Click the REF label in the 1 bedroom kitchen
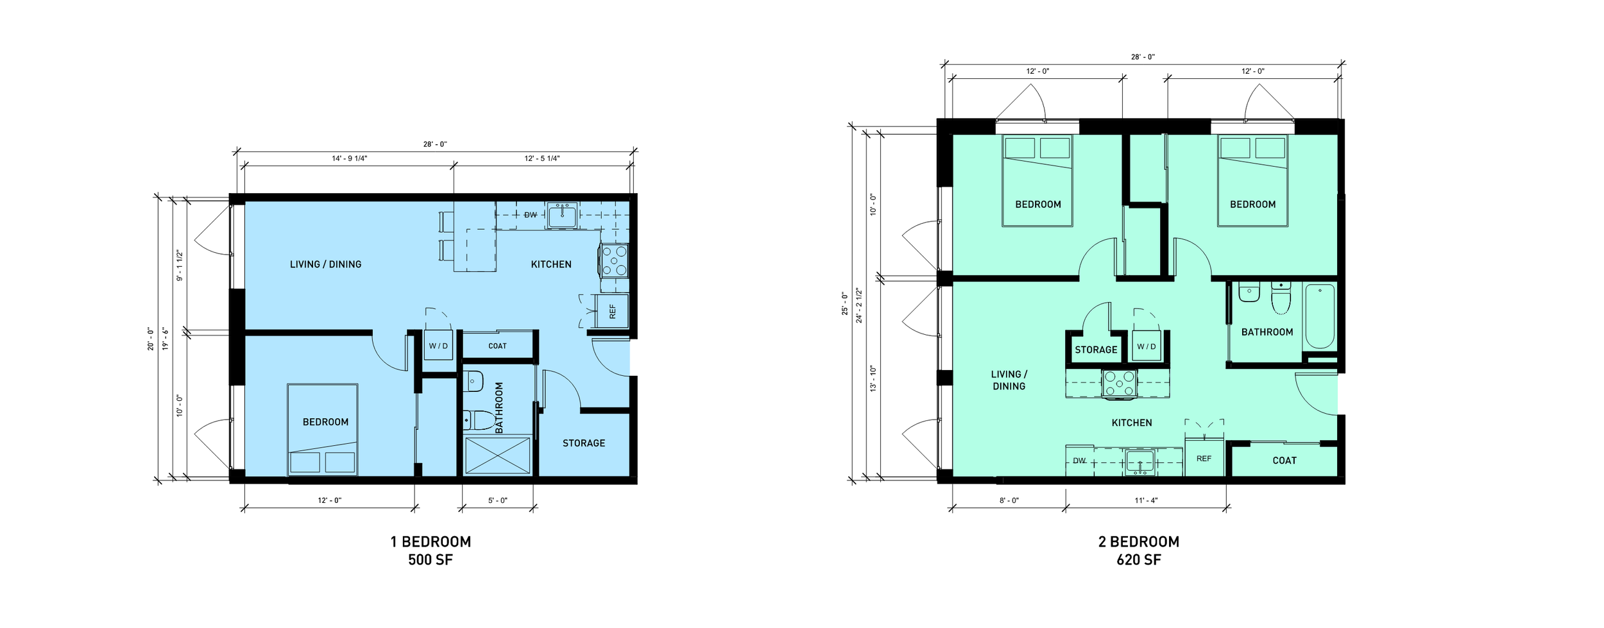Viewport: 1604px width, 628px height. (612, 312)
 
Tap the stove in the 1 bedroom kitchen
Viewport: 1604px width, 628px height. (615, 260)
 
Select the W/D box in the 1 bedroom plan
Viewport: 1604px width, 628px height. (438, 346)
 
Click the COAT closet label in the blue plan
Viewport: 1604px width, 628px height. (497, 346)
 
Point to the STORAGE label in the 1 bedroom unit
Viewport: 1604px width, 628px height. (583, 443)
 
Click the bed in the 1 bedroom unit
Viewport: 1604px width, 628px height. (322, 430)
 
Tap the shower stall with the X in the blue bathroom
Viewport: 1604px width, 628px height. (497, 455)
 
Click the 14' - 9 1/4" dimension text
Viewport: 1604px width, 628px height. (349, 158)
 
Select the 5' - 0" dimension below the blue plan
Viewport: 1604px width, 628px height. (497, 500)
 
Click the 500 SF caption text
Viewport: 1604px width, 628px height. (430, 560)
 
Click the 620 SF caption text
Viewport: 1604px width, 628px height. (1138, 560)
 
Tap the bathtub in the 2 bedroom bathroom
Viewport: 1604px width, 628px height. (1320, 316)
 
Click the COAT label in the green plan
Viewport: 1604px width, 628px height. (1284, 461)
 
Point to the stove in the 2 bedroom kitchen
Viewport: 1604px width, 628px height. (1119, 384)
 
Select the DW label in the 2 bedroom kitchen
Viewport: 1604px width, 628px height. (1079, 461)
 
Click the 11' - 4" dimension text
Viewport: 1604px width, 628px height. (1146, 500)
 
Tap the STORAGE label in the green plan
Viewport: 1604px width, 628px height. (1096, 350)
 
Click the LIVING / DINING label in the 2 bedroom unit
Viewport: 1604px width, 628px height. (1009, 380)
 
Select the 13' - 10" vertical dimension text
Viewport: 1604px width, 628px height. (873, 378)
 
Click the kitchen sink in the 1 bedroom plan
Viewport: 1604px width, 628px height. (562, 216)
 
